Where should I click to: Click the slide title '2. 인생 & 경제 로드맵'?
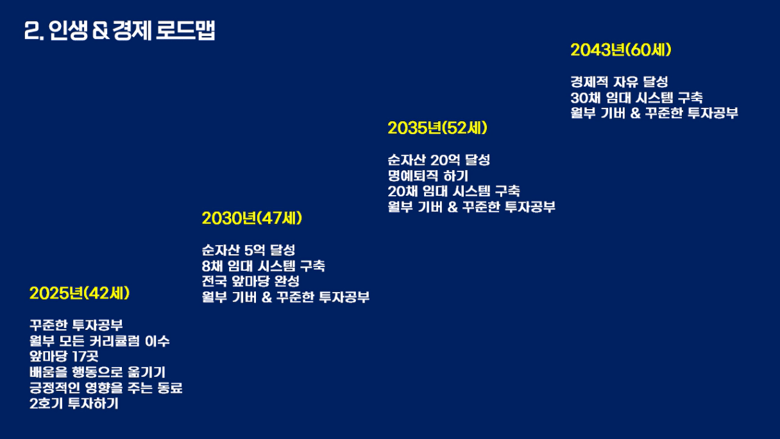[119, 31]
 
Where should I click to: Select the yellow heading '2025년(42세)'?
[80, 293]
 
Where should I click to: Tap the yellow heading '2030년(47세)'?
[251, 218]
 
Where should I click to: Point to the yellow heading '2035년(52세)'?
[437, 128]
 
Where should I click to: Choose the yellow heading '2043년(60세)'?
[621, 50]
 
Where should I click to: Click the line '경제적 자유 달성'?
[619, 82]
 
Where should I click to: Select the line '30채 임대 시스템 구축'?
[636, 98]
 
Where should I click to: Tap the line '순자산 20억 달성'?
[439, 160]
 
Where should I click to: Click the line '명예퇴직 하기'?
[428, 176]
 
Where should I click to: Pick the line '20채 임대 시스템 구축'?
[454, 191]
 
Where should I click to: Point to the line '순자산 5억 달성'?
[248, 250]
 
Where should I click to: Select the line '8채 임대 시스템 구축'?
[263, 266]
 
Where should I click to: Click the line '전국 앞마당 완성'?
[250, 282]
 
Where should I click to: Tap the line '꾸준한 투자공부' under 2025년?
[76, 325]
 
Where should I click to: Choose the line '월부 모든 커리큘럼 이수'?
[99, 341]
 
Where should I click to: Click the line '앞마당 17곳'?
[64, 357]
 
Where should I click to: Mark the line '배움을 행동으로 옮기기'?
[97, 372]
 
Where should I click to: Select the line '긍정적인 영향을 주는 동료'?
[106, 388]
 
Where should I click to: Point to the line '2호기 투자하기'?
[74, 404]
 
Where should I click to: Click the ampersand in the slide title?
[101, 31]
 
